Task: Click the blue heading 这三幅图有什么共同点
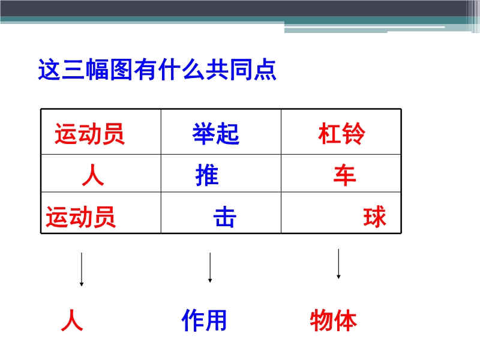point(157,70)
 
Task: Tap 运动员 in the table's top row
point(89,134)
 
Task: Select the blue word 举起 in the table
point(216,134)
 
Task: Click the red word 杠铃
point(341,133)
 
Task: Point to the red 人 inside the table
point(93,175)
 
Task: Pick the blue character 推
point(207,175)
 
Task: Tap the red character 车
point(345,175)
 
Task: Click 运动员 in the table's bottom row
point(81,217)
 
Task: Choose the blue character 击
point(225,217)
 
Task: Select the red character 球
point(374,217)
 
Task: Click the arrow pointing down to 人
point(82,269)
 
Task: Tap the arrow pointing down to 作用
point(210,268)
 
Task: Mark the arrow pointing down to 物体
point(338,264)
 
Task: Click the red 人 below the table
point(72,320)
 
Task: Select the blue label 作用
point(204,320)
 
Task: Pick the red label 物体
point(334,320)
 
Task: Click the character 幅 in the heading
point(97,70)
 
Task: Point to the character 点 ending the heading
point(265,70)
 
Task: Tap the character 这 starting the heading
point(49,70)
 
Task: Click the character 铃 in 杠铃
point(354,133)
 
